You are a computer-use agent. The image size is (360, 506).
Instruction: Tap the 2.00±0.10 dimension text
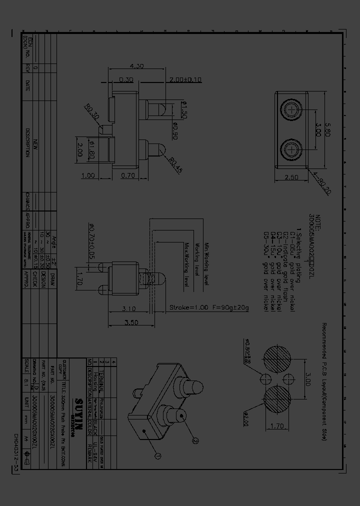[x=185, y=79]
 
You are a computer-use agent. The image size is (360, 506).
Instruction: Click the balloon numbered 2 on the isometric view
[x=195, y=440]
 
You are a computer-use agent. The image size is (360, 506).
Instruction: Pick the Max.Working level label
[x=187, y=265]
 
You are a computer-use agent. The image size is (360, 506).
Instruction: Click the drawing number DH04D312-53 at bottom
[x=16, y=470]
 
